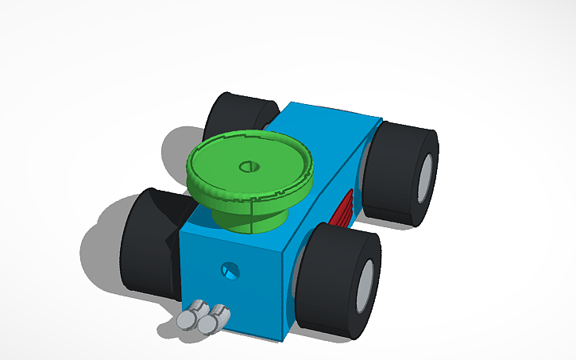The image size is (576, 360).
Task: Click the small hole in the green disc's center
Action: point(248,167)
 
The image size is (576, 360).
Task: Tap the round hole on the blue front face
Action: point(230,271)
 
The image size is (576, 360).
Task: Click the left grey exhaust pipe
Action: point(187,319)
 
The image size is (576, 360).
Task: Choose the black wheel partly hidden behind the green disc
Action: point(230,115)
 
